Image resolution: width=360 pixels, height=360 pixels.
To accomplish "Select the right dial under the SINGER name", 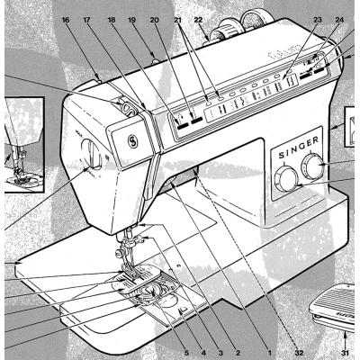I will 315,166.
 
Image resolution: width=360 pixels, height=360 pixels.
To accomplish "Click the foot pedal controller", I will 336,309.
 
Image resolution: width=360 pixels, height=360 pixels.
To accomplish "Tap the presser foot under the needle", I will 136,271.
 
